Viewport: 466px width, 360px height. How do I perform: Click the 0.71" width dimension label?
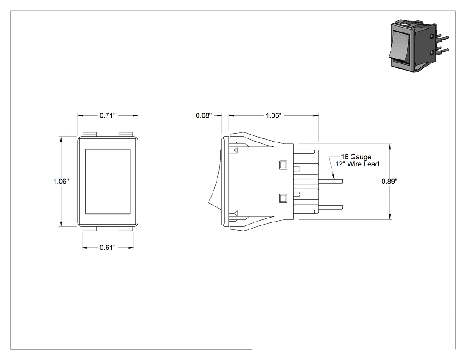click(107, 115)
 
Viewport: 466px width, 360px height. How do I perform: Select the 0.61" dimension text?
click(107, 248)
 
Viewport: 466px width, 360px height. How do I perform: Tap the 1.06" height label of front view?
click(61, 182)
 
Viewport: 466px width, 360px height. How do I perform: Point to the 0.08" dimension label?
click(204, 115)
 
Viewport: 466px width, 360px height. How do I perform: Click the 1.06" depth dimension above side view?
click(273, 115)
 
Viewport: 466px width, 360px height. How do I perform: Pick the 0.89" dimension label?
click(389, 182)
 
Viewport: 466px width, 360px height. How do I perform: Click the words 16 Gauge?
click(356, 157)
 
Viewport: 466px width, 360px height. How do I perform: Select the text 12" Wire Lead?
click(357, 164)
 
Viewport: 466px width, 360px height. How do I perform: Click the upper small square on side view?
click(283, 165)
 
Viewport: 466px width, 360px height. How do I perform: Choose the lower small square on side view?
click(283, 198)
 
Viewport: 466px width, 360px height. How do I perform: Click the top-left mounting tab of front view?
click(90, 135)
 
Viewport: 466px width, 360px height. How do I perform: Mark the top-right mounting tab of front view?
click(126, 135)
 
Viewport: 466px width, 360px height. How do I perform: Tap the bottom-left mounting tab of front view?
click(90, 229)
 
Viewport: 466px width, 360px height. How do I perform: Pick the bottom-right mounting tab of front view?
click(126, 229)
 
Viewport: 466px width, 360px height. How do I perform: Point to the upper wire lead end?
click(343, 182)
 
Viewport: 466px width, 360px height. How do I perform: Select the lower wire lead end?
click(343, 207)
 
